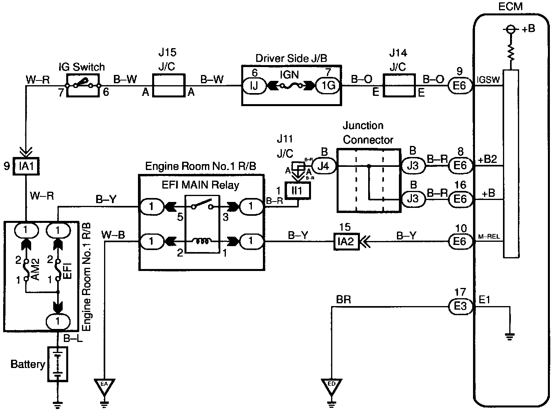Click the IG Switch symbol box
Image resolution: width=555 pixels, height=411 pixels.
pos(83,86)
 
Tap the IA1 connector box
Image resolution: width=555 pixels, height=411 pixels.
pos(26,166)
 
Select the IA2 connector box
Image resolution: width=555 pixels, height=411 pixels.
pos(346,241)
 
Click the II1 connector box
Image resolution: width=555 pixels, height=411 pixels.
pos(298,191)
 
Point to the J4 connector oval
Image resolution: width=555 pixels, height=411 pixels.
pos(324,166)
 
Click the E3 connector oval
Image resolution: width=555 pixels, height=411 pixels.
pos(460,306)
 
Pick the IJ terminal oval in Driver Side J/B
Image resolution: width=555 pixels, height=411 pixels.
pos(254,86)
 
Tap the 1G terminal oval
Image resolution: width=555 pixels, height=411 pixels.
pos(328,86)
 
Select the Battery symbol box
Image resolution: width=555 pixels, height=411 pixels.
pos(58,364)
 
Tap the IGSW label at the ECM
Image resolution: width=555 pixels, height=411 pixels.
pos(488,80)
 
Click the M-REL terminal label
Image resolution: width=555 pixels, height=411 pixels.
pos(489,236)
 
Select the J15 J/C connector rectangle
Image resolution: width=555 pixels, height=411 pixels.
pos(169,85)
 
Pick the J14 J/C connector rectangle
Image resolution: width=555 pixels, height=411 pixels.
pos(399,85)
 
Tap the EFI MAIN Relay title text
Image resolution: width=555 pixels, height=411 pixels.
pos(200,185)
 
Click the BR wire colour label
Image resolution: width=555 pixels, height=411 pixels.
pos(343,299)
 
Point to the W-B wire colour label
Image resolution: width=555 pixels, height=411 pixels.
pos(113,235)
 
